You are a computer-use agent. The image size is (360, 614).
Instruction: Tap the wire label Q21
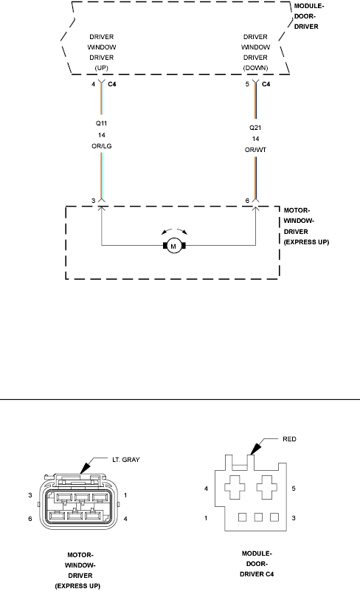(255, 127)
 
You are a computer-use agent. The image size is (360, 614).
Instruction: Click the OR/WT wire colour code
(255, 148)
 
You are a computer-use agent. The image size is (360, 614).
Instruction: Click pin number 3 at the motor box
(93, 201)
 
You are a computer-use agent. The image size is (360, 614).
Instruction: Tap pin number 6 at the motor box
(247, 201)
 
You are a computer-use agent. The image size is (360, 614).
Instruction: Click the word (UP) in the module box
(101, 67)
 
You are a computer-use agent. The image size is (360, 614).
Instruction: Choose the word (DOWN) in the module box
(255, 67)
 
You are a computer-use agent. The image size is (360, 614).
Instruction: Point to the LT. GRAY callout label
(125, 459)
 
